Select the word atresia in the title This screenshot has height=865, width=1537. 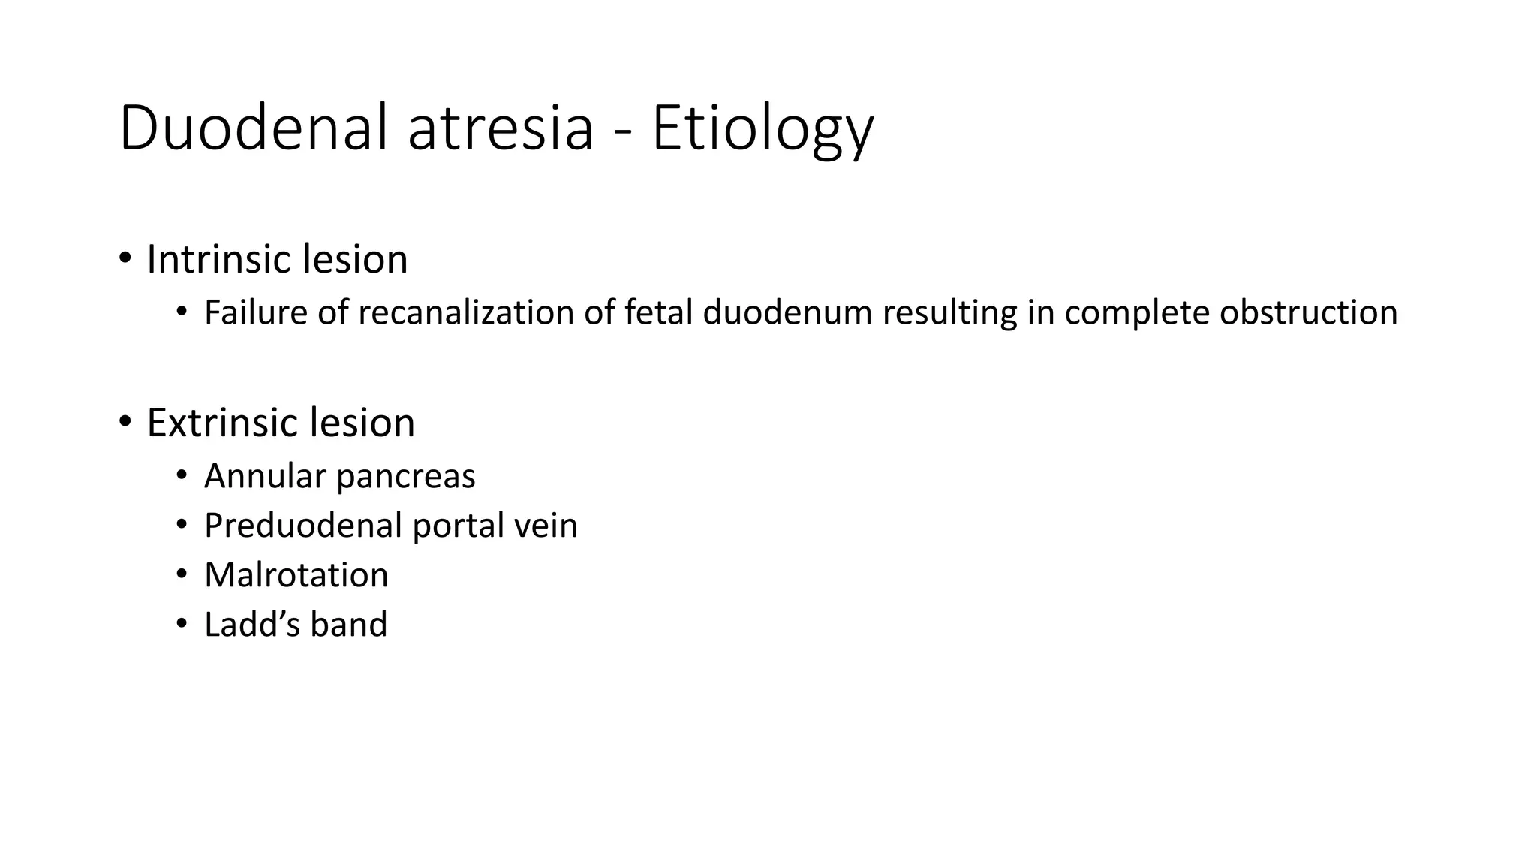(x=501, y=129)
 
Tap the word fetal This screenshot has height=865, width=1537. (x=658, y=312)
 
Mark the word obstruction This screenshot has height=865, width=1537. (x=1308, y=312)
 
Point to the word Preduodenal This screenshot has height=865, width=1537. (x=303, y=525)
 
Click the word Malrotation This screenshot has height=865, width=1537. (x=296, y=575)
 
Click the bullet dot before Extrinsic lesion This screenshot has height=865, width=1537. (x=125, y=422)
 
